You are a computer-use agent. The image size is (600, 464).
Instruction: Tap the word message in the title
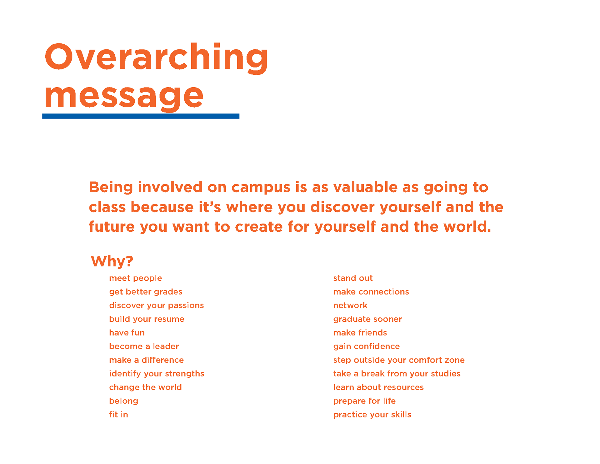point(124,97)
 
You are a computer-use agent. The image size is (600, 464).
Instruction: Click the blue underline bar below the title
point(141,116)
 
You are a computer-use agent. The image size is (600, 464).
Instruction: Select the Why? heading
point(112,261)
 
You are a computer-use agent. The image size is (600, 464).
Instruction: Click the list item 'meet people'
point(135,278)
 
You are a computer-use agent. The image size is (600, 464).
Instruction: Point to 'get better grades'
point(146,292)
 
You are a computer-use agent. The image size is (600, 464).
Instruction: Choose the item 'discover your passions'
point(156,305)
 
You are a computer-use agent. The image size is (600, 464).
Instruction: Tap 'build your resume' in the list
point(147,319)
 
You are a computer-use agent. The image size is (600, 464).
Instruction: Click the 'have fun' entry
point(127,333)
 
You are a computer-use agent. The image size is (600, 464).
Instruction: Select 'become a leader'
point(144,346)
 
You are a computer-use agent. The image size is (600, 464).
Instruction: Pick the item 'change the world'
point(145,387)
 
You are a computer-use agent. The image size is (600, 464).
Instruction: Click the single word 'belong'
point(123,401)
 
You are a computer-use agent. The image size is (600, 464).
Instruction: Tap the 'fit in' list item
point(118,415)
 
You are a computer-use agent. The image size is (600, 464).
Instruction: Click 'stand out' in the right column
point(353,278)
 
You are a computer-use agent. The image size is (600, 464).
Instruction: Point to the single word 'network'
point(350,305)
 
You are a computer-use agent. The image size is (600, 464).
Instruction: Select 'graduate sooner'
point(367,319)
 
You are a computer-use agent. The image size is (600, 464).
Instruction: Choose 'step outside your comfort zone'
point(399,360)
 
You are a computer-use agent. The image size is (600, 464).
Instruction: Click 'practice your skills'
point(372,415)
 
